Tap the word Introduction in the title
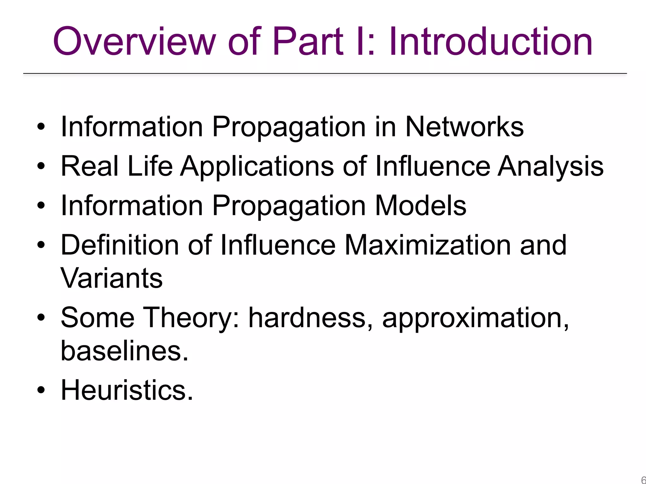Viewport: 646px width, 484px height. (490, 42)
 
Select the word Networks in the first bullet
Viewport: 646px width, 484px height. (464, 127)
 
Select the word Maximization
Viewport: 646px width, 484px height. (427, 245)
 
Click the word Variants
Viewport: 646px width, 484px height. (111, 278)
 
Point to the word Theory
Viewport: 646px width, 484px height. (188, 318)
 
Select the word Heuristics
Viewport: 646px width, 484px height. (126, 390)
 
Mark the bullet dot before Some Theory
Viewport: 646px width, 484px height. (41, 318)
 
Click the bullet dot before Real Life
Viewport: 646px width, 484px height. (41, 166)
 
